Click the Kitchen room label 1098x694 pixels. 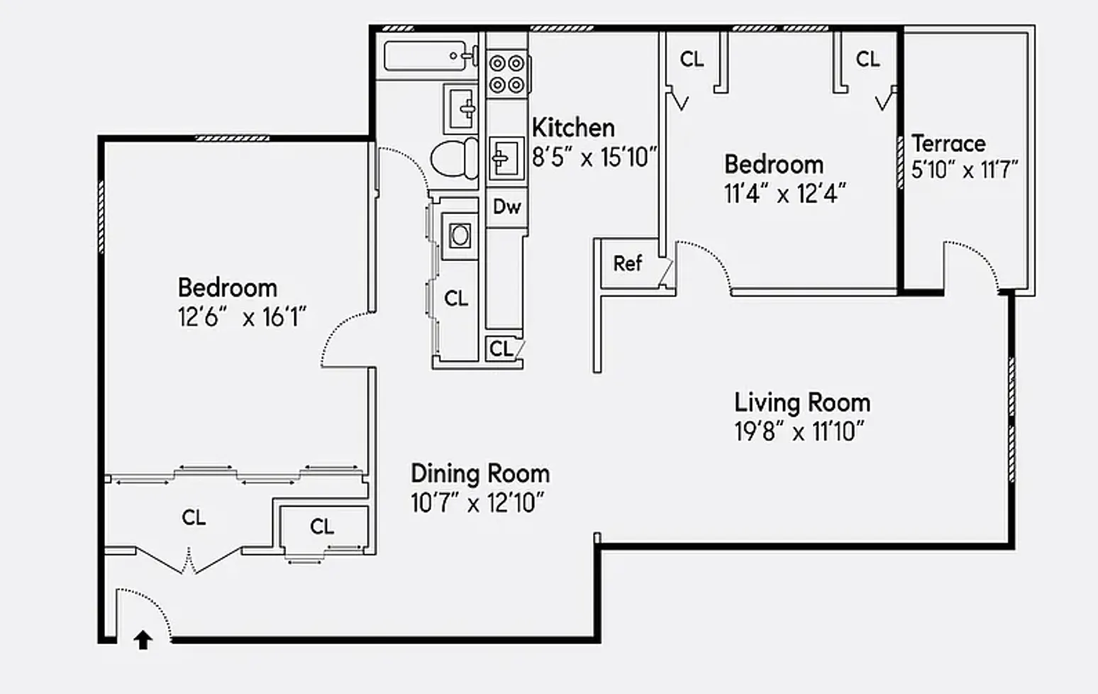(x=573, y=128)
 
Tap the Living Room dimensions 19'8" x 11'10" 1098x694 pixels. (x=799, y=431)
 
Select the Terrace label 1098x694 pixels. (x=948, y=143)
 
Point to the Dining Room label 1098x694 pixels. (x=480, y=473)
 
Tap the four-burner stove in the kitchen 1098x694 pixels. (x=507, y=74)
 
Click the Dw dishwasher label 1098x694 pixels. (x=506, y=207)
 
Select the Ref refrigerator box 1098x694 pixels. (x=628, y=264)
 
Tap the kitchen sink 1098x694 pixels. (x=505, y=158)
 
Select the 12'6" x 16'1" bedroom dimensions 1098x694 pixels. (x=242, y=317)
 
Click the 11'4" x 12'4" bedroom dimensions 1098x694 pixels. (x=784, y=194)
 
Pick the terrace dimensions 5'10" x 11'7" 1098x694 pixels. (x=965, y=170)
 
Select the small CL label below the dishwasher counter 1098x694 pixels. (x=501, y=348)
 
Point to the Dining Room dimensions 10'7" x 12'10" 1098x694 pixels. (x=477, y=503)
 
